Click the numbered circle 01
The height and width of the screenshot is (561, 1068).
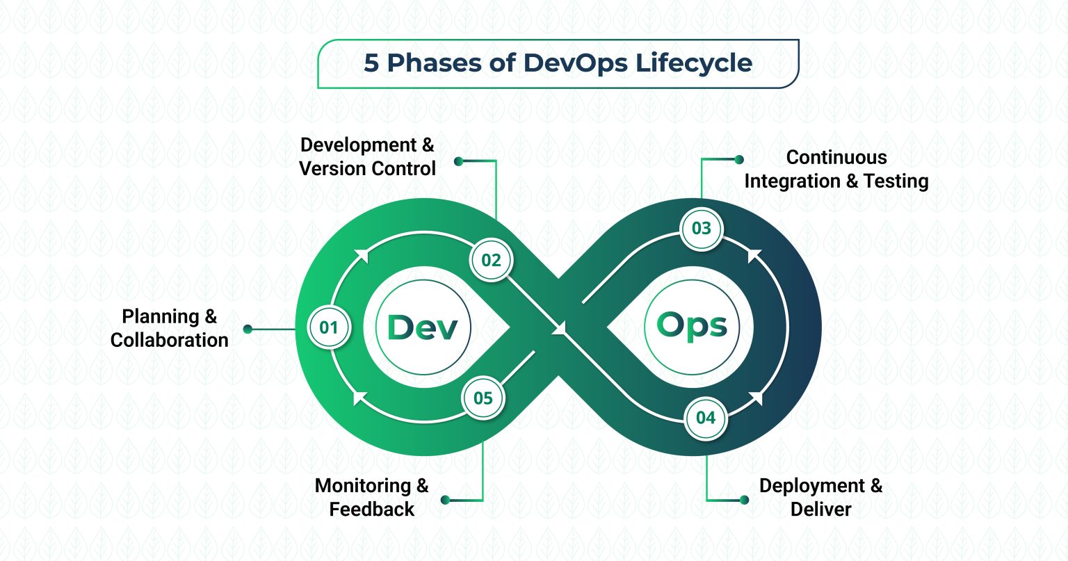[x=329, y=327]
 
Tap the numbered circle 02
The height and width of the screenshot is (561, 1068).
[x=491, y=260]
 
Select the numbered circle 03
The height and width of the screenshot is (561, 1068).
[x=702, y=228]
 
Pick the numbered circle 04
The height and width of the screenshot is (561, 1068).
[x=706, y=418]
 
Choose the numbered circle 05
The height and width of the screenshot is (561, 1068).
[x=483, y=398]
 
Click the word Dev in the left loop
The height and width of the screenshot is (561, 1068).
[x=422, y=327]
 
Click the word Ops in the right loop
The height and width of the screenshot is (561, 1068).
[x=692, y=326]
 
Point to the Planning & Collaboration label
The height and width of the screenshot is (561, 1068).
[x=169, y=328]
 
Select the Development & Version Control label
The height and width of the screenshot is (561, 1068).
[x=367, y=156]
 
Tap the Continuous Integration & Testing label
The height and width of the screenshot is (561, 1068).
[x=836, y=169]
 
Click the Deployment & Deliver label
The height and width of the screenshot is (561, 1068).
[x=820, y=497]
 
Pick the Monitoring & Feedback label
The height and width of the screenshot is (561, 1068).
[x=371, y=497]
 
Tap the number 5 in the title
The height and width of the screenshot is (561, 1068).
[x=372, y=63]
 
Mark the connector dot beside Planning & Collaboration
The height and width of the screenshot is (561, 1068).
[x=248, y=329]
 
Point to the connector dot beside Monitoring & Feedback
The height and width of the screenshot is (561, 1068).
[x=445, y=500]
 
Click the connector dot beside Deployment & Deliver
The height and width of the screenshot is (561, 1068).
[x=744, y=500]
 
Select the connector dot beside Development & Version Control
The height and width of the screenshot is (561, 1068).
[x=458, y=161]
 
